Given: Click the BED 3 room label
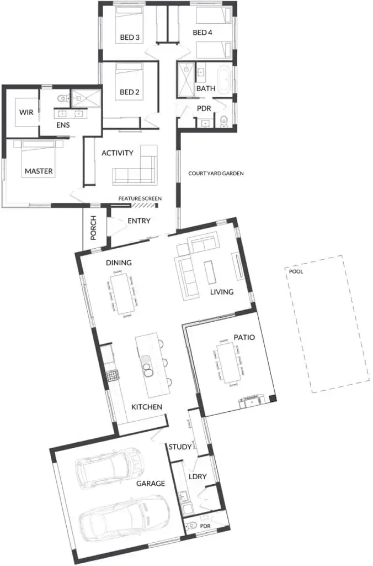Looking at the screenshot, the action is click(130, 37).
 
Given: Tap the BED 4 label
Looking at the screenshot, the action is click(203, 33).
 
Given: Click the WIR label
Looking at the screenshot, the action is click(26, 112).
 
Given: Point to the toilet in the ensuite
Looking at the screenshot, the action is click(63, 98).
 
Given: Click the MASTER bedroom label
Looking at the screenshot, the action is click(39, 171).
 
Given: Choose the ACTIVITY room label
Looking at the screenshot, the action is click(118, 153).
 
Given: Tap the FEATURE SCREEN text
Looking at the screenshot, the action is click(140, 198).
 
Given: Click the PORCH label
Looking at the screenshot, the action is click(94, 228).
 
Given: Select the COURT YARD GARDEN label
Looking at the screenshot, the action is click(216, 174).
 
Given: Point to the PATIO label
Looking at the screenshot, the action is click(244, 338).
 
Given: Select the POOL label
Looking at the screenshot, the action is click(296, 271).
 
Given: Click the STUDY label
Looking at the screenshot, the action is click(180, 447).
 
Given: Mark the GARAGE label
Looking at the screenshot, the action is click(151, 483).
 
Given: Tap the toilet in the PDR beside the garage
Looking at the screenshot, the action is click(190, 526).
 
